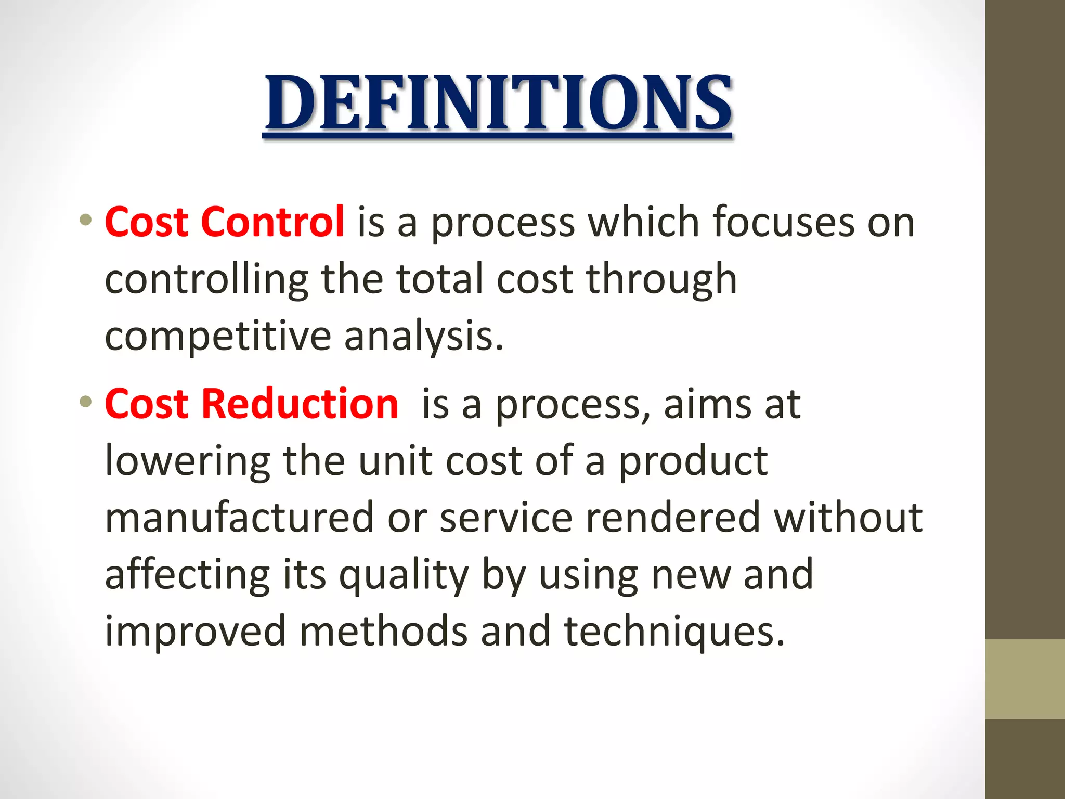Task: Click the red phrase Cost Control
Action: click(x=224, y=222)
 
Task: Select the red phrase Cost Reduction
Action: click(x=251, y=404)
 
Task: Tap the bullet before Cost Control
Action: click(x=86, y=220)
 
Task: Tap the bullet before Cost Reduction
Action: click(x=86, y=401)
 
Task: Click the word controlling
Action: click(x=206, y=279)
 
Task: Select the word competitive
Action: click(x=218, y=337)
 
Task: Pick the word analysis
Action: click(x=424, y=337)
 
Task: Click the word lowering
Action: click(x=187, y=461)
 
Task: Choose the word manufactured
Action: click(x=239, y=518)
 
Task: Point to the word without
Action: click(x=848, y=518)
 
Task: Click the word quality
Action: click(x=404, y=575)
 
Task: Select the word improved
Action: click(x=196, y=632)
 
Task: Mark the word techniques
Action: click(x=674, y=632)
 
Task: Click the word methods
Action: click(x=383, y=632)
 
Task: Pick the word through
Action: click(x=661, y=279)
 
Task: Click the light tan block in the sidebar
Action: click(x=1024, y=679)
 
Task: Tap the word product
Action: click(x=693, y=461)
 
